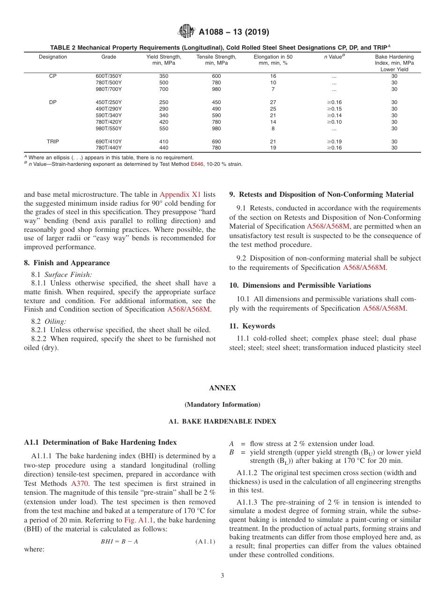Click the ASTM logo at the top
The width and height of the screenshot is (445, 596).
click(186, 32)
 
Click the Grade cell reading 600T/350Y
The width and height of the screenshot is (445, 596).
click(109, 76)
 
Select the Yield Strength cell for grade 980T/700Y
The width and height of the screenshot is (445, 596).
click(163, 89)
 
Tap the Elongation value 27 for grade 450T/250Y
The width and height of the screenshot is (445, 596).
click(273, 102)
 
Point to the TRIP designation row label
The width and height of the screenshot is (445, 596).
click(53, 142)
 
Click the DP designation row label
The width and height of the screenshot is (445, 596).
click(53, 102)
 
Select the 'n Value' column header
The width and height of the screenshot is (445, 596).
click(334, 57)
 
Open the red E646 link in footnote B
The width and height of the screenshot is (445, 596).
click(197, 164)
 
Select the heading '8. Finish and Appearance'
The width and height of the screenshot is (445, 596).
click(67, 263)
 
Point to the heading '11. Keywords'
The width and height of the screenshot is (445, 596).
click(252, 326)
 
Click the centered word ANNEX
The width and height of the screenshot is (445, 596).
click(222, 388)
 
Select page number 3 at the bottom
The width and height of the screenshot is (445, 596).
click(222, 576)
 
